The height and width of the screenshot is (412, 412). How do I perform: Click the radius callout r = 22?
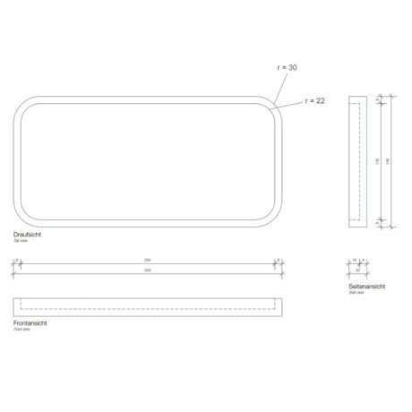click(314, 100)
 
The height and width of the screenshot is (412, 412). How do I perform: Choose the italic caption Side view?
click(357, 293)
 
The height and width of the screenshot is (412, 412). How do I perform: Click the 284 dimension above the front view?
click(148, 261)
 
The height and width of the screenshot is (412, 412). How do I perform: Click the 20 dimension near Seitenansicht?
click(356, 269)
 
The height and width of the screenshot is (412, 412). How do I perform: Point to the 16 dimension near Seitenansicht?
click(355, 261)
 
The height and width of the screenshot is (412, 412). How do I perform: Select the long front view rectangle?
click(148, 305)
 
